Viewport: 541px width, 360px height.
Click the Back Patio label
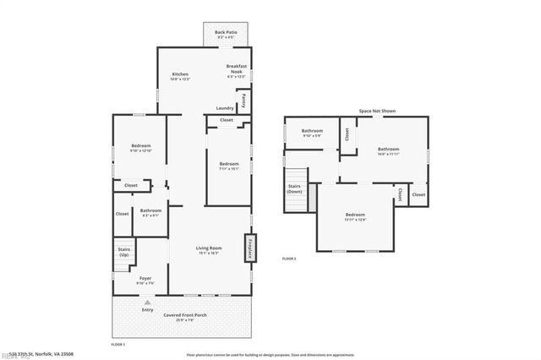pyautogui.click(x=225, y=34)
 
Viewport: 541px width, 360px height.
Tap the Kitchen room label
pyautogui.click(x=181, y=76)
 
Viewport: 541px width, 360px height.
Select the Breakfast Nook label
pyautogui.click(x=235, y=69)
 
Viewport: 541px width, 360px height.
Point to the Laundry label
pyautogui.click(x=225, y=108)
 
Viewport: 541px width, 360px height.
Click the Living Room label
pyautogui.click(x=210, y=250)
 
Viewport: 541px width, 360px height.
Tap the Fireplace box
pyautogui.click(x=250, y=249)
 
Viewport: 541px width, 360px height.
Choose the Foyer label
pyautogui.click(x=145, y=280)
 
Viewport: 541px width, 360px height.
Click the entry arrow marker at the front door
pyautogui.click(x=148, y=302)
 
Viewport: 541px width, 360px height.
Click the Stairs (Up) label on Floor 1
pyautogui.click(x=123, y=253)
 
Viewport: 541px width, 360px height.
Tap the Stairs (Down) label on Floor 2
pyautogui.click(x=294, y=189)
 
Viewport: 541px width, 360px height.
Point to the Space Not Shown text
pyautogui.click(x=377, y=111)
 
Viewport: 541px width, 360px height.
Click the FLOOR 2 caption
pyautogui.click(x=289, y=259)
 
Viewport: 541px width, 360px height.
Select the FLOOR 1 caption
pyautogui.click(x=118, y=345)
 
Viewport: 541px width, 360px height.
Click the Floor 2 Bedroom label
pyautogui.click(x=356, y=217)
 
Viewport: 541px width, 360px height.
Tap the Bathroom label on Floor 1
pyautogui.click(x=151, y=212)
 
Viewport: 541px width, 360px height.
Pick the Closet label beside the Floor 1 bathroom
pyautogui.click(x=123, y=213)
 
